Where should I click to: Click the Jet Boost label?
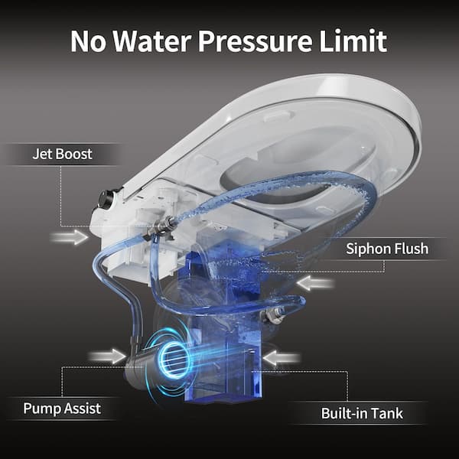(x=62, y=154)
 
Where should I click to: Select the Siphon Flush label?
(x=387, y=248)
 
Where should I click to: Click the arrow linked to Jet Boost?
(x=70, y=238)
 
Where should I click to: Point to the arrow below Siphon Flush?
(x=314, y=284)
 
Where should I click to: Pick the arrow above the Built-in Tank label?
(x=282, y=356)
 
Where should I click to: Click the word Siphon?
(x=368, y=248)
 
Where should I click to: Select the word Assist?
(x=82, y=408)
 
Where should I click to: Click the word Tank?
(x=387, y=415)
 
